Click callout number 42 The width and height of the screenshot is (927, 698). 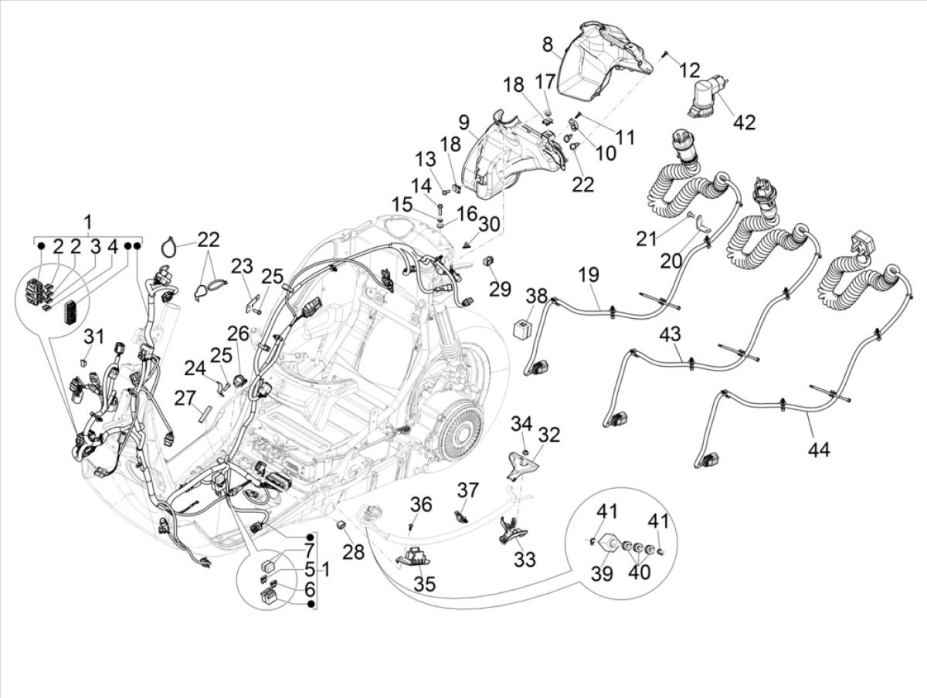(744, 122)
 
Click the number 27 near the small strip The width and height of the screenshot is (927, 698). (184, 398)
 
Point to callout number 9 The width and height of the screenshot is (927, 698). (463, 122)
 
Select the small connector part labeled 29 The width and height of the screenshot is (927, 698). (488, 261)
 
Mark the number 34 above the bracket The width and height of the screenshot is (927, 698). (521, 422)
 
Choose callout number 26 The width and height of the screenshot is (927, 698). (238, 334)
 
